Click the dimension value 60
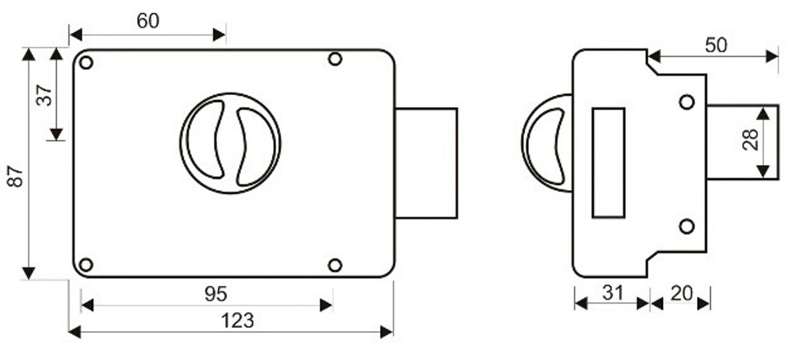148,21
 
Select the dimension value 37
45,95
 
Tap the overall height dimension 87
16,176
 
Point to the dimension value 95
216,294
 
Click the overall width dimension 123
237,321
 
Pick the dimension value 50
716,45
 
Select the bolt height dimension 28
750,139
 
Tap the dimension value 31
613,293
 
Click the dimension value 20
682,293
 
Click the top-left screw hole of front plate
86,63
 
